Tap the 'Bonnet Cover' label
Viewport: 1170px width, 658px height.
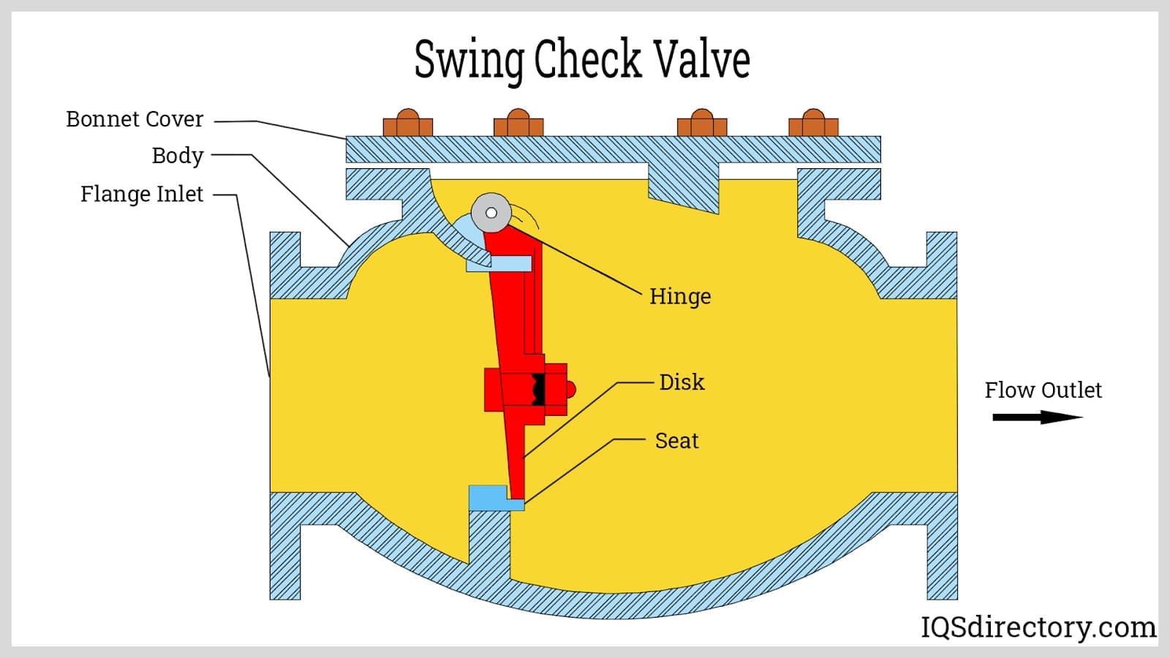[x=135, y=119]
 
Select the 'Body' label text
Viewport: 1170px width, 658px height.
[x=177, y=156]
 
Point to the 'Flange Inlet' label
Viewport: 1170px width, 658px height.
[x=142, y=194]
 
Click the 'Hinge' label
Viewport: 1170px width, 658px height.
[x=680, y=296]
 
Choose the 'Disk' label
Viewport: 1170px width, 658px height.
[x=682, y=382]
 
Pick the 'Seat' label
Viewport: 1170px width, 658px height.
[x=676, y=441]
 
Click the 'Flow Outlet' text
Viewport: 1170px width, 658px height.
[x=1043, y=390]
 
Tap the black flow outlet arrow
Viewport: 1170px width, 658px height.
[x=1037, y=417]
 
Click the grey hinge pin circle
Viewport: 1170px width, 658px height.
[x=491, y=213]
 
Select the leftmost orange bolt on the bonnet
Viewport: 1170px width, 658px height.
[x=408, y=124]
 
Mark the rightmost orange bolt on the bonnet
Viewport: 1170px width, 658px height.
[x=813, y=124]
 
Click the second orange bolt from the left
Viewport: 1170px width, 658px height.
[x=518, y=124]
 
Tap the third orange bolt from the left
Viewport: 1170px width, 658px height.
[x=702, y=124]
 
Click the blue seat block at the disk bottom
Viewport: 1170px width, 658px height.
[x=490, y=498]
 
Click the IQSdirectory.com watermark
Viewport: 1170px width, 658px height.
[x=1038, y=627]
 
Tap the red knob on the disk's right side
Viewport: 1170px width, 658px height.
[x=571, y=390]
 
